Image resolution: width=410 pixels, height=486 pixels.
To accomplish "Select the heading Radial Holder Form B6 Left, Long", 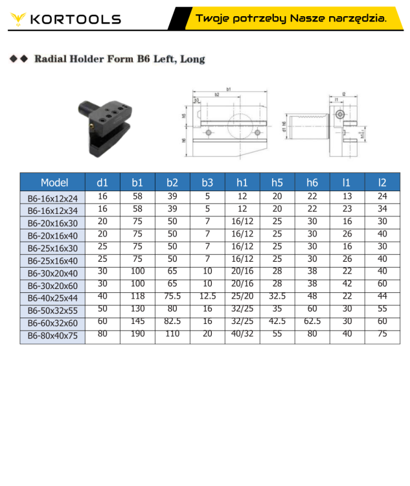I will click(x=119, y=59).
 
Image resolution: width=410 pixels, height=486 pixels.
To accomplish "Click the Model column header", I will click(x=54, y=182).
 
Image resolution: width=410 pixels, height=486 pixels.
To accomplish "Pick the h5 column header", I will click(x=277, y=182).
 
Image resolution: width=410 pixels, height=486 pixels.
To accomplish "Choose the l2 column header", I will click(x=382, y=182).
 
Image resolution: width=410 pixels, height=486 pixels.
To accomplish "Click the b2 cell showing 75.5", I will click(x=172, y=296).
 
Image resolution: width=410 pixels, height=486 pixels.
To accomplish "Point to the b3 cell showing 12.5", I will click(x=207, y=296).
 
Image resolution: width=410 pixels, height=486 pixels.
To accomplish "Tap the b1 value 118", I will click(x=137, y=296).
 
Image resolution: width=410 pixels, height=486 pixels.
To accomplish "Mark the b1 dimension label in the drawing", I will click(x=229, y=89).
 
